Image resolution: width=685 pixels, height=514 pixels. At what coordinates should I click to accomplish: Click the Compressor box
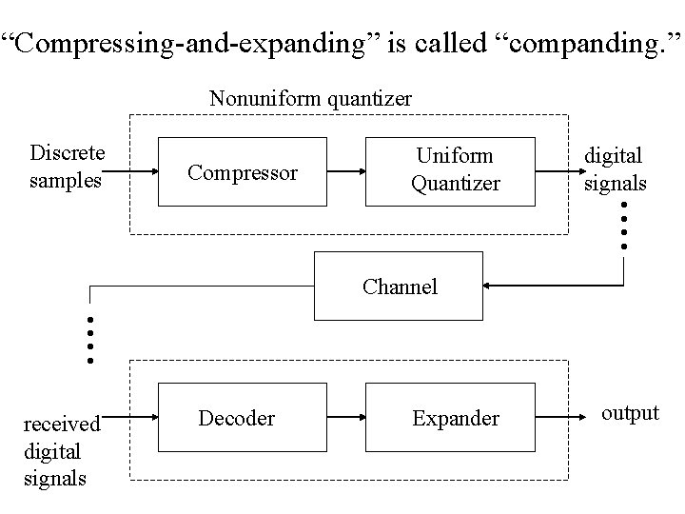click(243, 172)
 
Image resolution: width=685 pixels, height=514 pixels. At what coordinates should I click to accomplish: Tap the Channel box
click(399, 286)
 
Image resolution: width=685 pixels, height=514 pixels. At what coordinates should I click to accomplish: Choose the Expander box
click(455, 418)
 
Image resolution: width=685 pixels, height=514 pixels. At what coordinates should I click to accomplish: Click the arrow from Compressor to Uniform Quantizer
click(346, 172)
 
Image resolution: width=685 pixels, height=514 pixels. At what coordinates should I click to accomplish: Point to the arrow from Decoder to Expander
click(346, 418)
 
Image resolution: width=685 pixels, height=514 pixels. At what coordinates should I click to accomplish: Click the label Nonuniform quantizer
click(310, 98)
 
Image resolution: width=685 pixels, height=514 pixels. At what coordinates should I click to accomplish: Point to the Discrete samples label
click(68, 166)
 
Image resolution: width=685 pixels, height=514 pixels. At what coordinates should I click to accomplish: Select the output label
click(630, 412)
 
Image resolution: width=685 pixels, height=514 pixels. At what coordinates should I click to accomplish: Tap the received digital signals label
click(62, 449)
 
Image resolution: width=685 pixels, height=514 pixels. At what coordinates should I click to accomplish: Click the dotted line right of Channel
click(623, 226)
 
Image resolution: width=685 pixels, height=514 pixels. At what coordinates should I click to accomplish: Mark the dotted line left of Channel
click(89, 341)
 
